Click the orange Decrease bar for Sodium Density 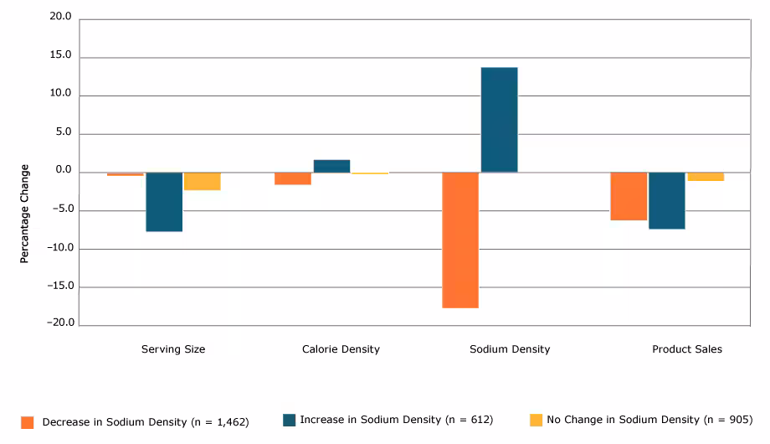coord(460,240)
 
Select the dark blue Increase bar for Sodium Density coord(499,120)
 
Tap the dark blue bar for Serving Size coord(164,201)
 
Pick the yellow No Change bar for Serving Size coord(203,181)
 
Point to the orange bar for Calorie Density coord(293,178)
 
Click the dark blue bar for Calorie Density coord(331,166)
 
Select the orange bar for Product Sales coord(628,196)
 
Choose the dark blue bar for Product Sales coord(666,200)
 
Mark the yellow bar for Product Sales coord(706,177)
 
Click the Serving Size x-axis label coord(173,349)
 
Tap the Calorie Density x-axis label coord(341,349)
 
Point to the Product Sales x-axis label coord(686,349)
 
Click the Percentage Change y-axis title coord(24,214)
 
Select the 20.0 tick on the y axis coord(60,18)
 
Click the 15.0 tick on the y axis coord(60,56)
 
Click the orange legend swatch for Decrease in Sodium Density coord(28,422)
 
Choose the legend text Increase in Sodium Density coord(396,420)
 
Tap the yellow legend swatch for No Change coord(536,420)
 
